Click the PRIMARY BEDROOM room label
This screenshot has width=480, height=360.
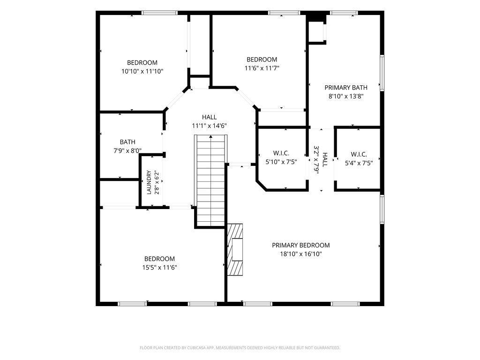tap(300, 245)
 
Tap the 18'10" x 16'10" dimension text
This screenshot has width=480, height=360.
tap(300, 254)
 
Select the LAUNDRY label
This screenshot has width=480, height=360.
tap(149, 182)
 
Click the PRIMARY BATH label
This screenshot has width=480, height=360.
tap(346, 88)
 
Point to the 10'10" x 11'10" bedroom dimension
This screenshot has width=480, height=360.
tap(142, 71)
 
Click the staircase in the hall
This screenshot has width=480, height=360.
tap(210, 180)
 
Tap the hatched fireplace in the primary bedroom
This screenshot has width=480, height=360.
tap(235, 249)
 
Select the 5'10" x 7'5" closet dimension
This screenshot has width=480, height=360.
tap(281, 162)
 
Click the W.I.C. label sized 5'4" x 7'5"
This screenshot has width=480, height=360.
tap(359, 154)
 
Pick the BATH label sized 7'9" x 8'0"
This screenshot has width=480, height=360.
tap(127, 142)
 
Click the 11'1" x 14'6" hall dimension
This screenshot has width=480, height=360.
tap(209, 126)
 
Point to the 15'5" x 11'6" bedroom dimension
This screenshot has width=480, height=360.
tap(159, 268)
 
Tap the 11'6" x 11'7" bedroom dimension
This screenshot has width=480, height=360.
tap(262, 68)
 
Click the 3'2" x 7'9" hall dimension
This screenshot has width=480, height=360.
tap(316, 160)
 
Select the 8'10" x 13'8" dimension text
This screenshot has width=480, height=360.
tap(346, 96)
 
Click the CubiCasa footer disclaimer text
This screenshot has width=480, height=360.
tap(240, 348)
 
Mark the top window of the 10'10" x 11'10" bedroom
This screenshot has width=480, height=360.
tap(159, 13)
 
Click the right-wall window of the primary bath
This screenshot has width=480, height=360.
tap(382, 73)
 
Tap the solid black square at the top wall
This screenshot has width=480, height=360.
tap(316, 16)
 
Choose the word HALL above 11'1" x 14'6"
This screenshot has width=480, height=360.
tap(209, 117)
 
